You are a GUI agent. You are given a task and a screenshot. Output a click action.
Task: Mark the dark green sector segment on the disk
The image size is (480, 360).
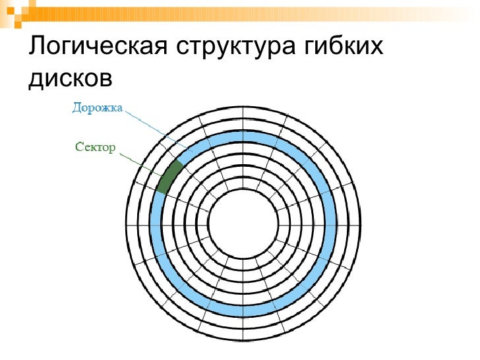click(x=168, y=175)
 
